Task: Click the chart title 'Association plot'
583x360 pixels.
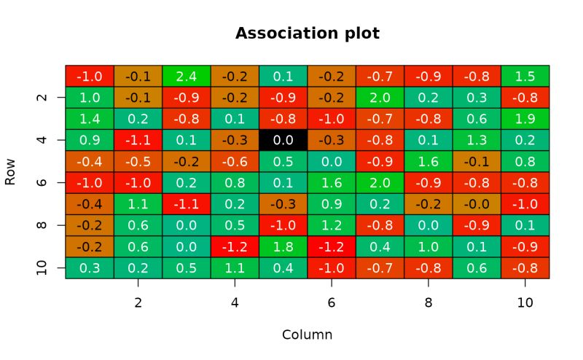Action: (307, 34)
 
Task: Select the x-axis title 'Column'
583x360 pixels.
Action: (307, 334)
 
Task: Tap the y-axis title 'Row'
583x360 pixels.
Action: (10, 172)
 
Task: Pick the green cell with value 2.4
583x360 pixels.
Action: (186, 76)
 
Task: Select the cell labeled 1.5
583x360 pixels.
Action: (525, 76)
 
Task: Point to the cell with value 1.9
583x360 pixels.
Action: (525, 119)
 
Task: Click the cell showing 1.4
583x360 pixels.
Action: (90, 119)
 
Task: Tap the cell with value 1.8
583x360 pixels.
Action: (283, 246)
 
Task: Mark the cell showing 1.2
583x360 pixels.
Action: (332, 225)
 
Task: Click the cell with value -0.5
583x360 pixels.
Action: (138, 161)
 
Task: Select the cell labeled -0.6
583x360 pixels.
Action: (235, 161)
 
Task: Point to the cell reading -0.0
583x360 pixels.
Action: (477, 204)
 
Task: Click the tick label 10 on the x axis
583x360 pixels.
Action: (525, 302)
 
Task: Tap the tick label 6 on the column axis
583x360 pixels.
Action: (332, 302)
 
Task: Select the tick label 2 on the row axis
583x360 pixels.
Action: (42, 97)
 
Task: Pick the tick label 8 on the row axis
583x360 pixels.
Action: (42, 225)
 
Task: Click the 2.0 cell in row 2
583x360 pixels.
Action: (380, 97)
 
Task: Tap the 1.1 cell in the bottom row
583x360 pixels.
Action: (235, 267)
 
